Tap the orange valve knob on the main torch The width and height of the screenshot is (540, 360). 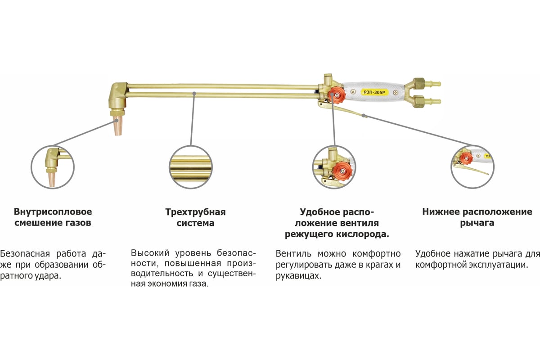(x=335, y=95)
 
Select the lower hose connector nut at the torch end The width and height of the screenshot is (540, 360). (x=418, y=100)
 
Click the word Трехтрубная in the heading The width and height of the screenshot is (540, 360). (x=195, y=212)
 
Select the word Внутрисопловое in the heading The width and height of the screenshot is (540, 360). (x=53, y=211)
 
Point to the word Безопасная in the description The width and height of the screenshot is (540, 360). (x=24, y=253)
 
